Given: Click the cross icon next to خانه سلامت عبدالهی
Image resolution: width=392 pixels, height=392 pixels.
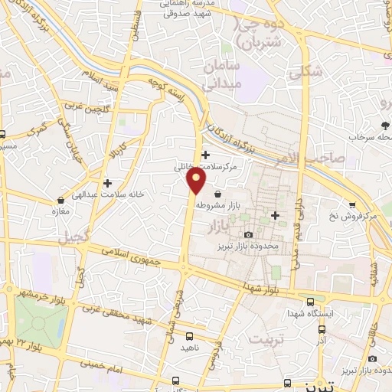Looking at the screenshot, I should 108,183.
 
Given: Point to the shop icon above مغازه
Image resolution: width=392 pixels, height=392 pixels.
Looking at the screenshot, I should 55,197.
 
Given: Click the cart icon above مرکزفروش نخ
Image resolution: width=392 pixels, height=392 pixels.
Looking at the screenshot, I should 351,204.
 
